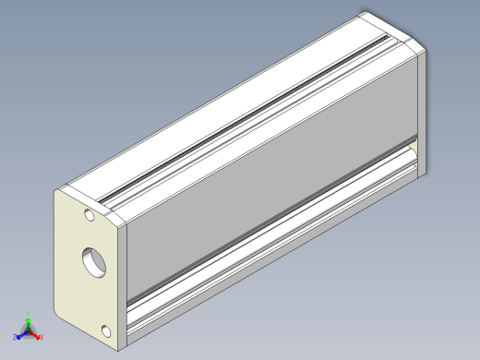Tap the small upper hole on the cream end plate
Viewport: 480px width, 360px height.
(89, 219)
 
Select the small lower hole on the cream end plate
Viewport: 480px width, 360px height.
(106, 330)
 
